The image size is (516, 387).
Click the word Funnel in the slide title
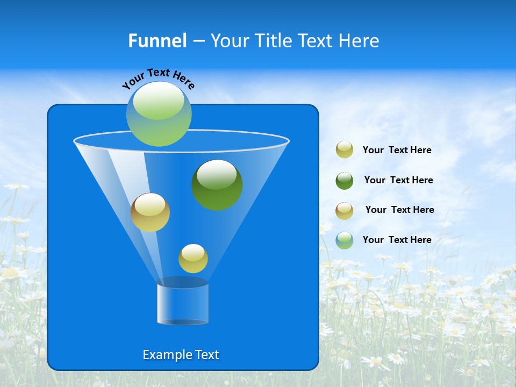point(157,41)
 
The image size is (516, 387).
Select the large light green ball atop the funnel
point(159,114)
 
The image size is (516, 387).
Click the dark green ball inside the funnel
point(217,184)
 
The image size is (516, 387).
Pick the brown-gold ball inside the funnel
point(150,212)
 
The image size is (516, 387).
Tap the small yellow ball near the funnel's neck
point(193,259)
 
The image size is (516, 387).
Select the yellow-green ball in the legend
point(345,150)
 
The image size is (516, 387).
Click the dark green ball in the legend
point(345,181)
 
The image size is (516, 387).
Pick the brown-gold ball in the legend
point(345,211)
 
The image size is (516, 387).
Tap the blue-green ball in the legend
point(345,240)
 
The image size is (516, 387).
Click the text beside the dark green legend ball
point(398,180)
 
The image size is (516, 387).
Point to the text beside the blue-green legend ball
point(397,240)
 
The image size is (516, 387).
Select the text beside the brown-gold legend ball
point(399,210)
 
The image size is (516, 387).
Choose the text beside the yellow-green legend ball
point(397,150)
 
